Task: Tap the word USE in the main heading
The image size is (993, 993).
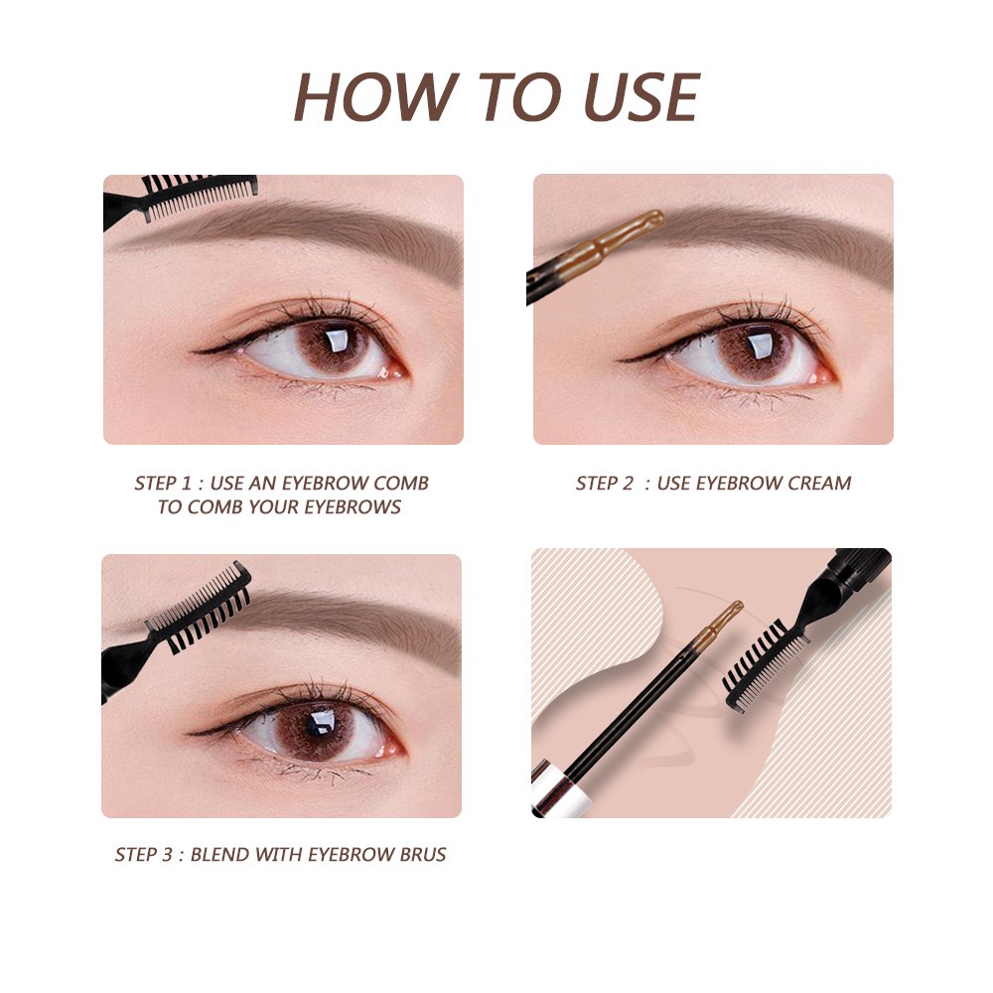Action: click(640, 96)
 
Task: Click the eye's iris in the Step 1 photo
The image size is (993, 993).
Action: click(335, 346)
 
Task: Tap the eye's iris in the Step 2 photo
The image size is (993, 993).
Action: click(758, 352)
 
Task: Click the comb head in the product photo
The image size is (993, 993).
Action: click(765, 665)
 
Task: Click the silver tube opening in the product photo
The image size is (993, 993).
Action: click(560, 789)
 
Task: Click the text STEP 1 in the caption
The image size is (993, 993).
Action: click(162, 484)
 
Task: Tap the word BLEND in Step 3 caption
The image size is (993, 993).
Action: click(219, 854)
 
